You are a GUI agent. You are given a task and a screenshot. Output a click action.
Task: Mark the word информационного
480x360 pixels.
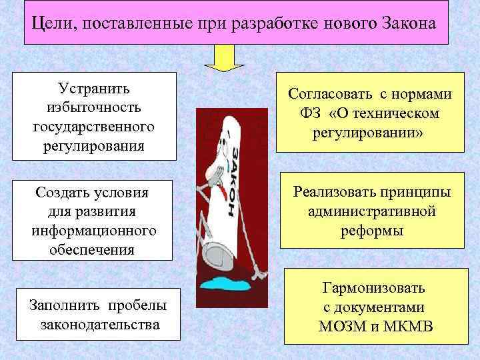94,231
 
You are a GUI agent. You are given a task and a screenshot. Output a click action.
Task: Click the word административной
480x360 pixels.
372,211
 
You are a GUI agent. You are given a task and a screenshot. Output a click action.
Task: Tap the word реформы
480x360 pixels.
371,230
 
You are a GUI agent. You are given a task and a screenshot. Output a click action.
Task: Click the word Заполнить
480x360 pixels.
61,306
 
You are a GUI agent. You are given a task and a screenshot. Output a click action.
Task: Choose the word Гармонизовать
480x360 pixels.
373,289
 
